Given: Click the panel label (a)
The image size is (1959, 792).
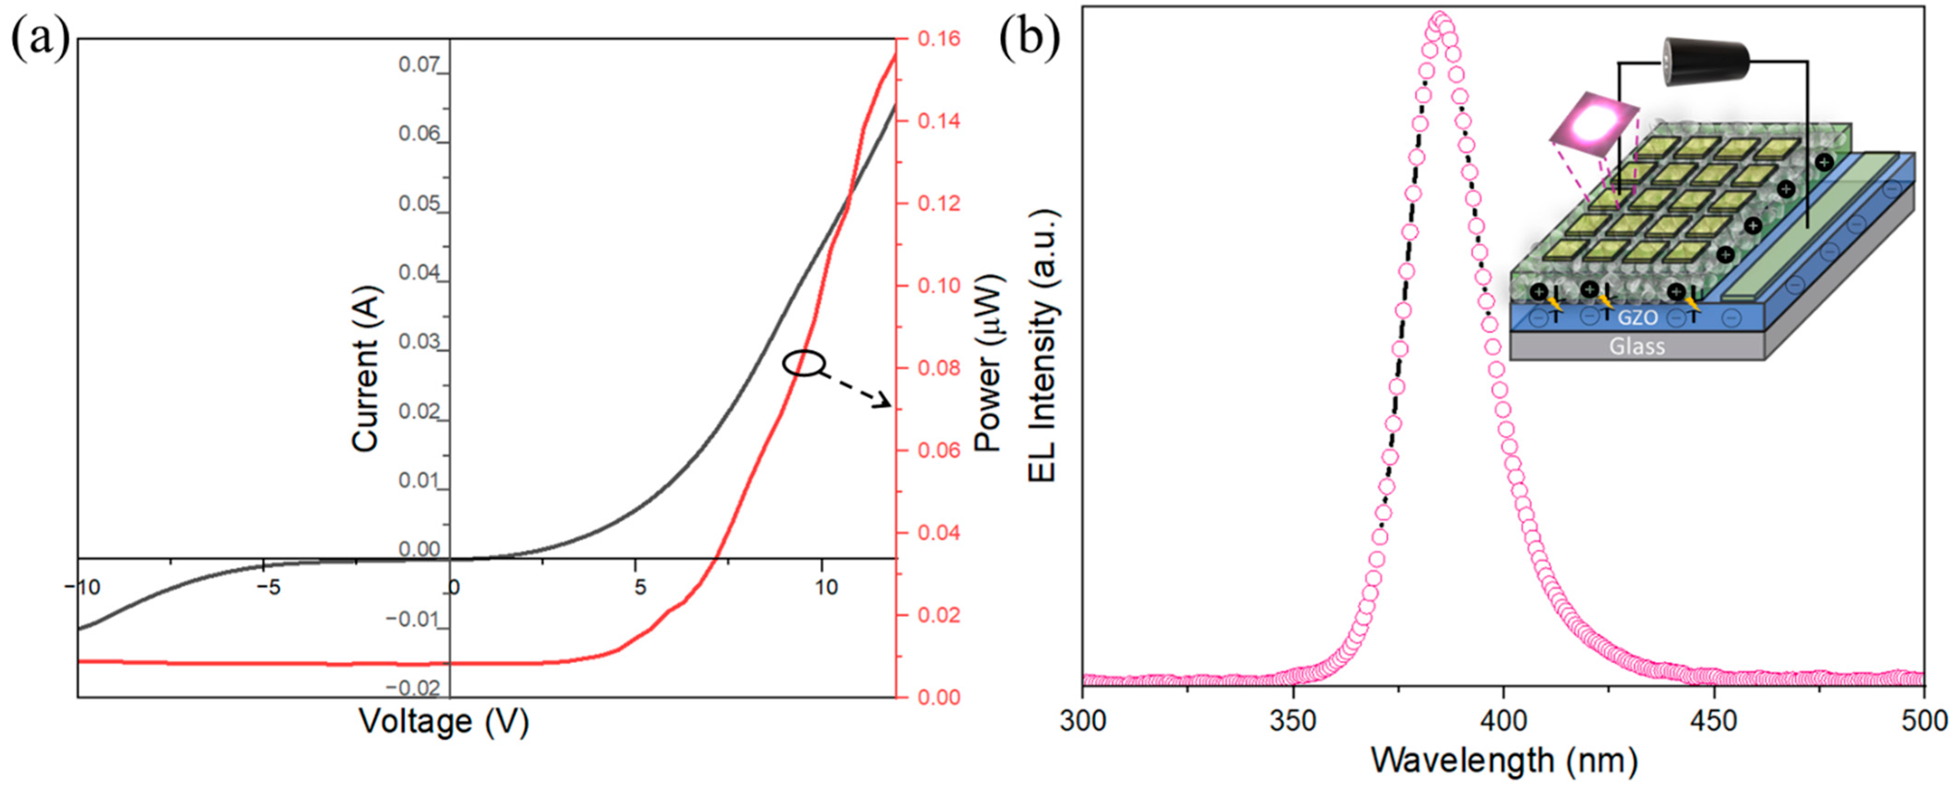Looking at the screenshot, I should point(40,38).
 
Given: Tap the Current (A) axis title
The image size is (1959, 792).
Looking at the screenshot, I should point(365,368).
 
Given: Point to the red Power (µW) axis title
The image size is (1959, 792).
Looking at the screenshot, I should point(989,363).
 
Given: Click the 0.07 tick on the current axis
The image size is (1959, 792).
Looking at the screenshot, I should point(419,65).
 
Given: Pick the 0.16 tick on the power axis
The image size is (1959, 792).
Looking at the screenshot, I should point(939,38).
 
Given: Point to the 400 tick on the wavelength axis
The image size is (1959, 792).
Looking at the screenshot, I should point(1503,720).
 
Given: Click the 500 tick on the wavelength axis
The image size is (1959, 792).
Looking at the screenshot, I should point(1923,720).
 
